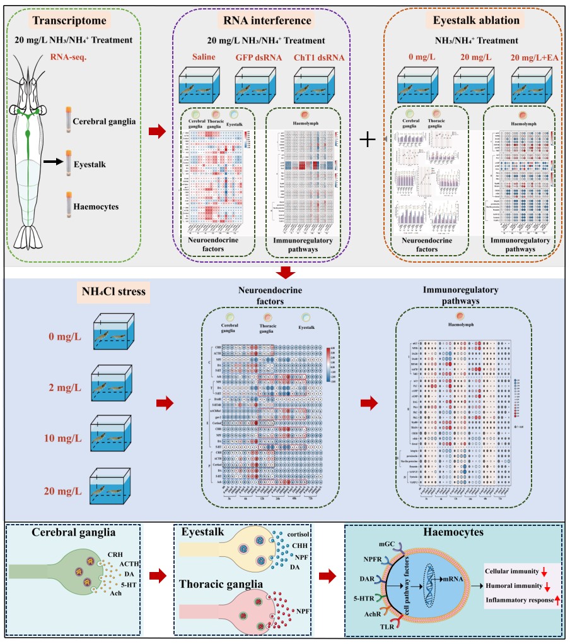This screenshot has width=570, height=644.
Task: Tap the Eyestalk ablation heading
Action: pyautogui.click(x=476, y=21)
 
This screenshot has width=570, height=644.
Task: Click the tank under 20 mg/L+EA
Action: pyautogui.click(x=532, y=85)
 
